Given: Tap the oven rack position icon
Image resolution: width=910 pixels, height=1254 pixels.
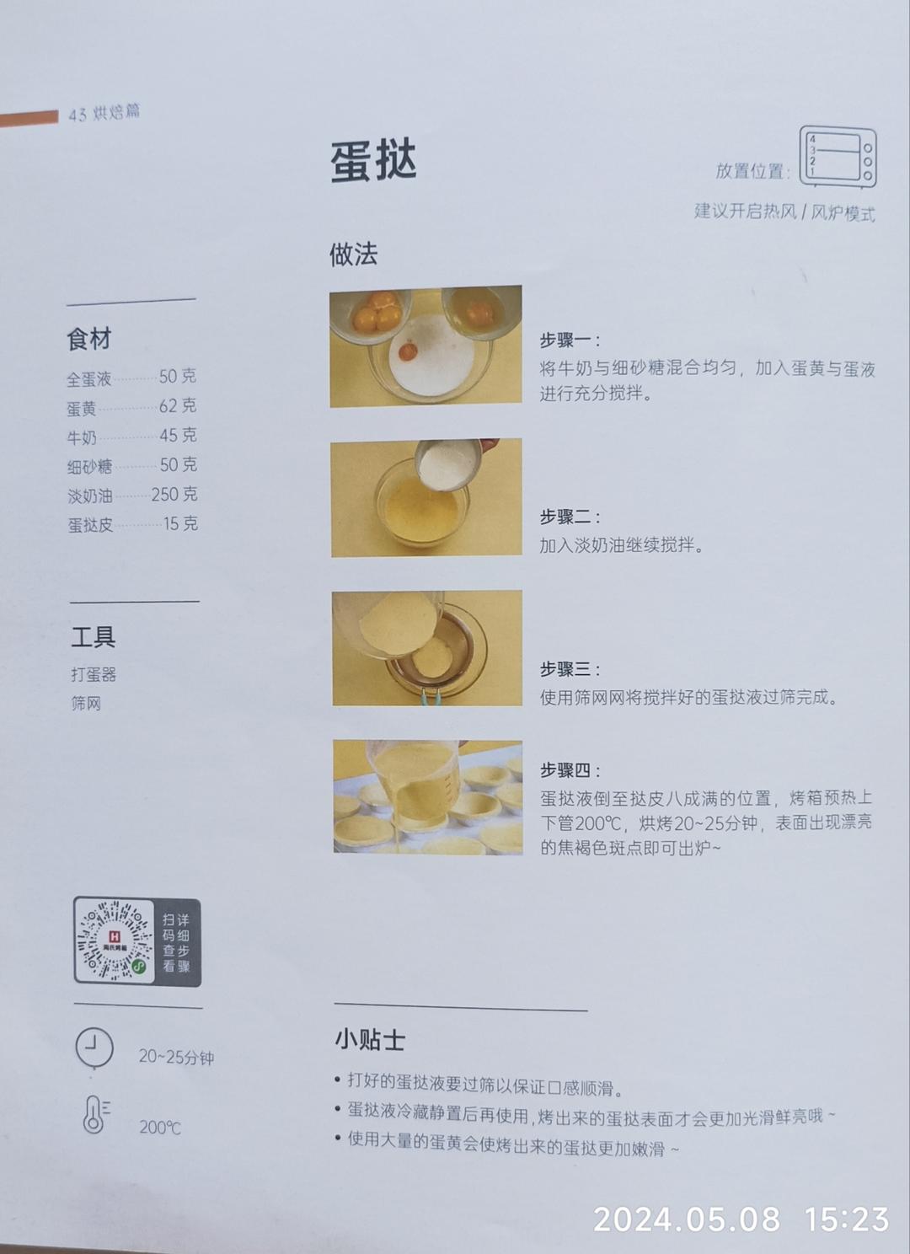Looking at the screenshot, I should point(838,157).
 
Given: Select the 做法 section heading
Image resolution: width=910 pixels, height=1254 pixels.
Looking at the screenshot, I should point(353,254).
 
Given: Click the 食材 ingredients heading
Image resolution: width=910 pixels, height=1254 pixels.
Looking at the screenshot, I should point(89,339).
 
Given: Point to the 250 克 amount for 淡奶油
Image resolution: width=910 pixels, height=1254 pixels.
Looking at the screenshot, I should point(174,495).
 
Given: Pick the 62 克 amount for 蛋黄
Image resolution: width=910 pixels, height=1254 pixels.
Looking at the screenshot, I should point(178,406).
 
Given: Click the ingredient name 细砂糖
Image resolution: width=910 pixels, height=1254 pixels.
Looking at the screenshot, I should point(89,467).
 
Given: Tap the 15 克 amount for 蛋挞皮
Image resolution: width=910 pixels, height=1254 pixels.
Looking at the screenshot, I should point(180,524).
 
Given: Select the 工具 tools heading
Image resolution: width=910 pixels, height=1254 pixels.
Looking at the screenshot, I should point(93,637).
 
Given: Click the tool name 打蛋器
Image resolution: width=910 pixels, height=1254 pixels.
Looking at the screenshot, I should point(94,674).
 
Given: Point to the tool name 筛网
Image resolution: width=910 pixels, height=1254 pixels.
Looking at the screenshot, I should point(86,703).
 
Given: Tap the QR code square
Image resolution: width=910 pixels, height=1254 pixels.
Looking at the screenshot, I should point(115,940).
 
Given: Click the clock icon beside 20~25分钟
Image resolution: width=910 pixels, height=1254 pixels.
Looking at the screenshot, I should point(94,1048).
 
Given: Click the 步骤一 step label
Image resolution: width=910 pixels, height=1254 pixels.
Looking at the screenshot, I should point(570,340).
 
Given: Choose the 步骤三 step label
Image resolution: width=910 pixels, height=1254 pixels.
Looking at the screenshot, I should point(570,669).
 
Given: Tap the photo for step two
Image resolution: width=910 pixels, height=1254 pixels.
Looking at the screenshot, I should point(426,498).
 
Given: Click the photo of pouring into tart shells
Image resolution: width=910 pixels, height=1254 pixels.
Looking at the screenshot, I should point(427,797).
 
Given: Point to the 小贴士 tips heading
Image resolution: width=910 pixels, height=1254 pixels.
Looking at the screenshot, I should point(370,1039).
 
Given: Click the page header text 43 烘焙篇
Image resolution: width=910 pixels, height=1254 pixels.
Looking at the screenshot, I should point(104,113).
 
